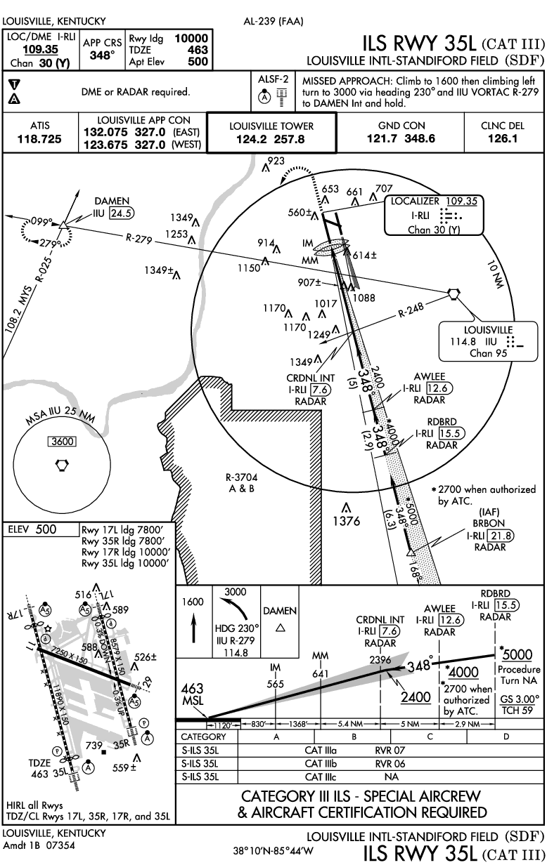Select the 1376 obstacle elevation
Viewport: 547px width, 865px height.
(347, 521)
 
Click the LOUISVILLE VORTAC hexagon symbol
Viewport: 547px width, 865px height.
(453, 293)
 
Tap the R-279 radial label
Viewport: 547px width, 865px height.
(139, 239)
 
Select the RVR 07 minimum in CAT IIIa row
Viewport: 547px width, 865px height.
(390, 750)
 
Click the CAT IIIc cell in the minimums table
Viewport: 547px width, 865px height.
(323, 777)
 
